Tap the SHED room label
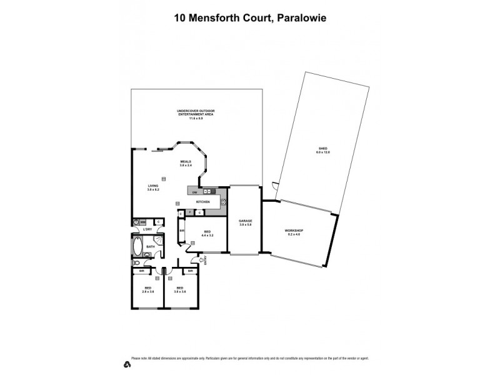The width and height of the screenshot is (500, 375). coord(322,149)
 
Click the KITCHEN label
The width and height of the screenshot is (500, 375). coord(203,202)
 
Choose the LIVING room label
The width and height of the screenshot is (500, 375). coord(153,186)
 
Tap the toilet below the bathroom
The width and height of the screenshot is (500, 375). coord(135,263)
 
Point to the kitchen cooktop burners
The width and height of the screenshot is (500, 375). coord(223,202)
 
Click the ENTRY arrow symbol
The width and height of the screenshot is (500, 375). coord(201,259)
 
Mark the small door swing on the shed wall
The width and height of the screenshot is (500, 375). coord(275,185)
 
